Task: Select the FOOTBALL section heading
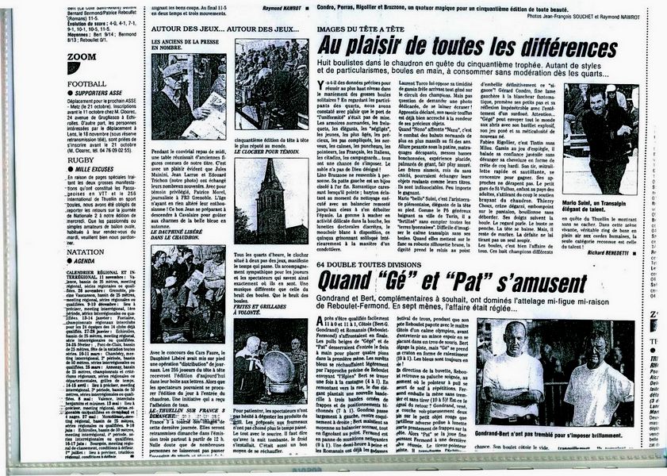click(x=87, y=83)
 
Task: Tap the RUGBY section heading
click(x=82, y=159)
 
